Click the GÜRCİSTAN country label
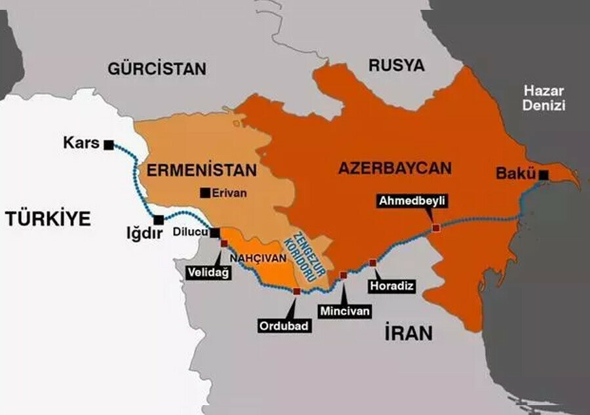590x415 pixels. (157, 68)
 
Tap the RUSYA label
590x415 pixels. (396, 65)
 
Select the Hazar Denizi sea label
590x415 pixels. (543, 98)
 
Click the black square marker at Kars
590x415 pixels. (109, 144)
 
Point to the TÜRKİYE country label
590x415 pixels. (48, 219)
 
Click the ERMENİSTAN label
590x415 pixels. (201, 171)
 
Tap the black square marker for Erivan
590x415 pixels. (206, 192)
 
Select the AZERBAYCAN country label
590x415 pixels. (395, 168)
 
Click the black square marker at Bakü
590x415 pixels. (543, 174)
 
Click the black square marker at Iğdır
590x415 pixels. (159, 221)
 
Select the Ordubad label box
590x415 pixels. (283, 325)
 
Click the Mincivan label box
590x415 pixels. (344, 312)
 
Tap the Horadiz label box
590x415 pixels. (391, 286)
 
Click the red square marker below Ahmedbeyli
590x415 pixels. (437, 228)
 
